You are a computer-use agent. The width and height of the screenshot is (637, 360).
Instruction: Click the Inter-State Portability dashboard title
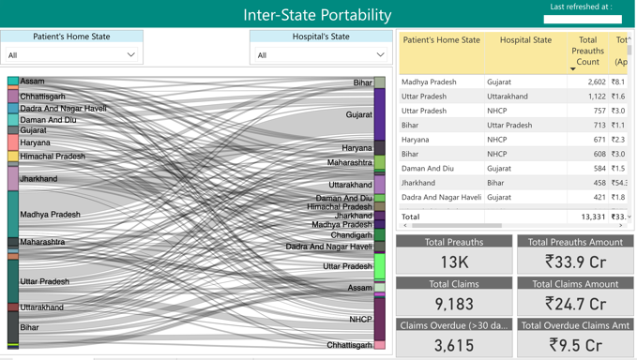pyautogui.click(x=317, y=15)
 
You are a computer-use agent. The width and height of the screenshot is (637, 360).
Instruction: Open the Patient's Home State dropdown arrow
pyautogui.click(x=130, y=55)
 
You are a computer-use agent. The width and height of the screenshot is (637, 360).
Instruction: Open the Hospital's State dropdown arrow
pyautogui.click(x=380, y=55)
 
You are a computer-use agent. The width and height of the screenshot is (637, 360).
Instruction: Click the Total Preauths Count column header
pyautogui.click(x=588, y=51)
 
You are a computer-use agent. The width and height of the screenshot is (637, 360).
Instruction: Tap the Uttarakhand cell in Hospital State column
pyautogui.click(x=508, y=97)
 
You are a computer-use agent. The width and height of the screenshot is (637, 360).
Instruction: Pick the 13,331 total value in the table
pyautogui.click(x=593, y=217)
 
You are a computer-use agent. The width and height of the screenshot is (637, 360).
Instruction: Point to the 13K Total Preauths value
pyautogui.click(x=454, y=262)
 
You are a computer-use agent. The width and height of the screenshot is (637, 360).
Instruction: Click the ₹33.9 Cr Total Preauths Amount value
pyautogui.click(x=575, y=262)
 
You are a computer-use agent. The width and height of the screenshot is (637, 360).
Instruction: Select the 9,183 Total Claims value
pyautogui.click(x=454, y=304)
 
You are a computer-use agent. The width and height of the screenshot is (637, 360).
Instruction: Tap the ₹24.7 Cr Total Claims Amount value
pyautogui.click(x=575, y=304)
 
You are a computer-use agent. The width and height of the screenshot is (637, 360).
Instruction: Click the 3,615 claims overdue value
pyautogui.click(x=454, y=346)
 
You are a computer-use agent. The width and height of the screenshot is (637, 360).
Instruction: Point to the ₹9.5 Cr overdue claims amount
pyautogui.click(x=575, y=346)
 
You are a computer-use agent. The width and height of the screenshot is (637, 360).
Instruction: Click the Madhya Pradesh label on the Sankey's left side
pyautogui.click(x=51, y=215)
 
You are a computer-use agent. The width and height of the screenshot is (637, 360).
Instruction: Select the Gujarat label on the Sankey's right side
pyautogui.click(x=359, y=115)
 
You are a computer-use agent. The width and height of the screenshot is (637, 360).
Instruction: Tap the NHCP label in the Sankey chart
pyautogui.click(x=360, y=320)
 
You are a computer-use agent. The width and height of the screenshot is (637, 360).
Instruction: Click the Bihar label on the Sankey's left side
pyautogui.click(x=30, y=328)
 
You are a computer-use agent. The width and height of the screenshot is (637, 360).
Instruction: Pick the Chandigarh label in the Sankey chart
pyautogui.click(x=351, y=236)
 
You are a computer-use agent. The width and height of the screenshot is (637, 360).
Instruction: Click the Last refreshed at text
pyautogui.click(x=581, y=7)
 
